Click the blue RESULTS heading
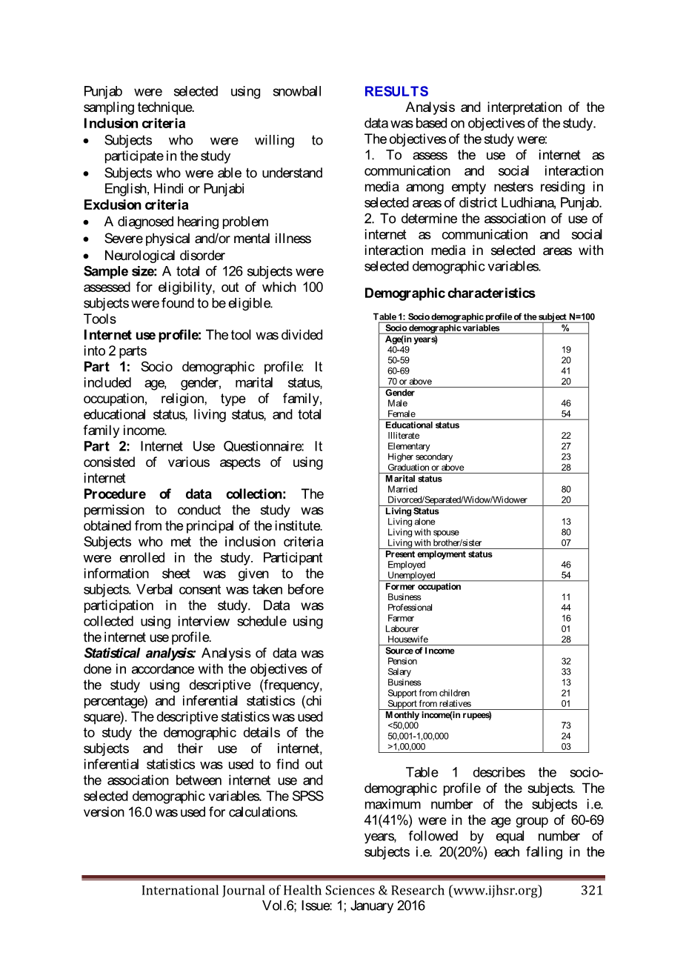click(396, 92)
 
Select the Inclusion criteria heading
click(134, 124)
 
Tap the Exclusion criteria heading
click(136, 205)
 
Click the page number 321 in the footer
click(592, 891)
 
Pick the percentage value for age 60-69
click(566, 371)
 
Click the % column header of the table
click(565, 328)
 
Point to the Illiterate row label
click(403, 436)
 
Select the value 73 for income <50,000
click(566, 726)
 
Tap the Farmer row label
click(401, 619)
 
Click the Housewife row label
click(407, 640)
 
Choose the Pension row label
click(402, 662)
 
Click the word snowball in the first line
click(297, 92)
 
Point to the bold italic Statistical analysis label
click(139, 654)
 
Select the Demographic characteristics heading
click(449, 293)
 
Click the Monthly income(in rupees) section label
click(439, 716)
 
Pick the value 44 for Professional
click(566, 608)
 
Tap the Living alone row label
click(411, 522)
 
